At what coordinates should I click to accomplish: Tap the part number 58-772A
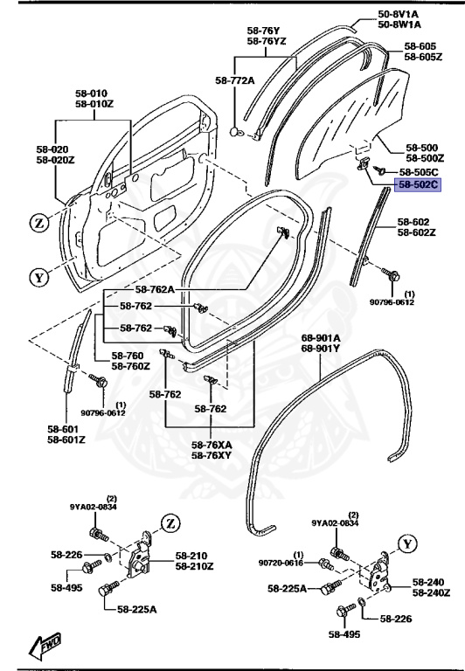tap(234, 80)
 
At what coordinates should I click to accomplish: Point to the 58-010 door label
tap(91, 93)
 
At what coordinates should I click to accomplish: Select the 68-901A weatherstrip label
tap(321, 337)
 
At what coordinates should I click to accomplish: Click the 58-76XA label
tap(212, 445)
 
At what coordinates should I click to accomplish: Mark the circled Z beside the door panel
tap(38, 224)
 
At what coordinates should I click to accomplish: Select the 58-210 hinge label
tap(191, 555)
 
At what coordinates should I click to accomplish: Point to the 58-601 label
tap(66, 428)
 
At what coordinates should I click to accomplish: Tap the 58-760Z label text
tap(130, 366)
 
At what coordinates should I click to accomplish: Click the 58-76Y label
tap(263, 30)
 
